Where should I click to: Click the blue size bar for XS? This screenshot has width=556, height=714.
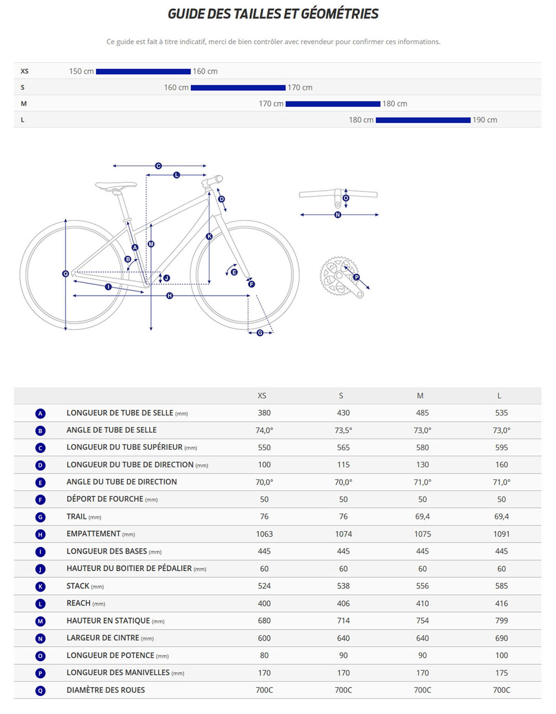point(143,71)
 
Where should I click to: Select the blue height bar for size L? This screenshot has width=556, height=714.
point(423,120)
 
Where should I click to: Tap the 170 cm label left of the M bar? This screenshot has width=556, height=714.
point(271,104)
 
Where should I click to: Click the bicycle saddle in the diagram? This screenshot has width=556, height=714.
point(116,186)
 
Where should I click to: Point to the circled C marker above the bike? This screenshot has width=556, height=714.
point(158,166)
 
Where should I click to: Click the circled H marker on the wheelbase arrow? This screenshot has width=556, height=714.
point(169,296)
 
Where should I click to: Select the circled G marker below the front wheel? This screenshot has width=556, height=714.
point(260,333)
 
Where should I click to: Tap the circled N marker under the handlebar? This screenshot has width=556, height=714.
point(338,215)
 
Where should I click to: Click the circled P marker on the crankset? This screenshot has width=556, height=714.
point(357,277)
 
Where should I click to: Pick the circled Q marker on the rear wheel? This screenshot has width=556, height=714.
point(66,274)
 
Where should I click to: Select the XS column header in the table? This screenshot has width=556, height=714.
point(262,396)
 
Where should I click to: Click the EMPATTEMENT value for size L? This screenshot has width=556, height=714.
point(501,534)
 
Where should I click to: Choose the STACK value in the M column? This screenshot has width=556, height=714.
point(422,586)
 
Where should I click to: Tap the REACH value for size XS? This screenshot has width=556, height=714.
point(264,603)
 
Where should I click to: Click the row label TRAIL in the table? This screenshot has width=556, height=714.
point(76,516)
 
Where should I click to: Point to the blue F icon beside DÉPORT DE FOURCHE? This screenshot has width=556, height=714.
point(40,500)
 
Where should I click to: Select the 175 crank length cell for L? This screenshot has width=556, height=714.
point(501,673)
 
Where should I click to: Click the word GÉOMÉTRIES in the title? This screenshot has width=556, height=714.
point(340,14)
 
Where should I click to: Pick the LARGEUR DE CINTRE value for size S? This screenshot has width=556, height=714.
point(343,638)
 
